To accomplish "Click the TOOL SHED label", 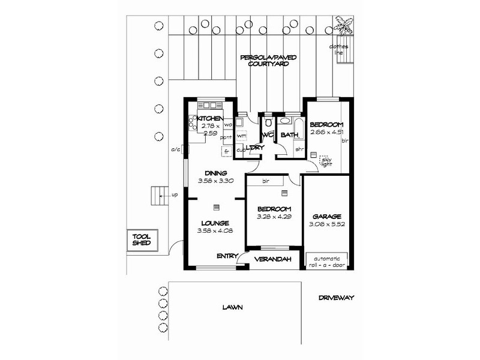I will click(142, 241).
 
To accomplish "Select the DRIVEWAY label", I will click(337, 297).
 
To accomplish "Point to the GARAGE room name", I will click(327, 216).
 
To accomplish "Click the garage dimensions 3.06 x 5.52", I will click(327, 223).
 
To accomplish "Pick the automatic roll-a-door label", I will click(327, 262).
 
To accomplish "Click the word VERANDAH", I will click(273, 259).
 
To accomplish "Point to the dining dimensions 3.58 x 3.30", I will click(215, 180).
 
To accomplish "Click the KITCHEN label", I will click(210, 119).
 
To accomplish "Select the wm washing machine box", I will click(242, 136).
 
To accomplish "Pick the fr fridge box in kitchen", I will click(226, 151).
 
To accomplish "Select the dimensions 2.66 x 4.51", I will click(326, 132).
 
